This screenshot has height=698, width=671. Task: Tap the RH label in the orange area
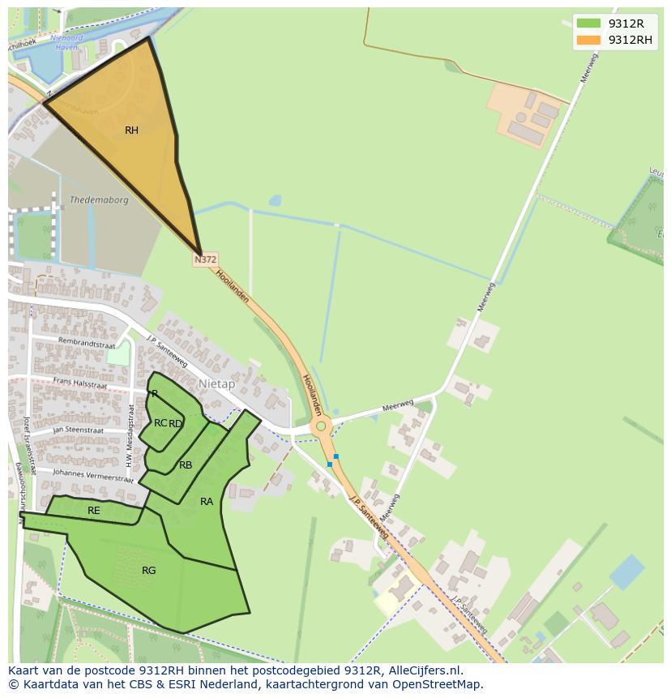tap(131, 131)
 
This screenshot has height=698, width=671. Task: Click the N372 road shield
tap(205, 259)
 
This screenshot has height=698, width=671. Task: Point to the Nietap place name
tap(216, 383)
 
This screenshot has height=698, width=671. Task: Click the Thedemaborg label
tap(99, 200)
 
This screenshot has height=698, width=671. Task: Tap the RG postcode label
tap(148, 571)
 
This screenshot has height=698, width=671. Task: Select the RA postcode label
tap(207, 502)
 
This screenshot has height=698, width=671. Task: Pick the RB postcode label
tap(186, 465)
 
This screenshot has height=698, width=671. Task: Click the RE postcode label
tap(94, 511)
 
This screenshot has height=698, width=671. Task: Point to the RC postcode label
tap(160, 423)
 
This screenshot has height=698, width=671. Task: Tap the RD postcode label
tap(176, 424)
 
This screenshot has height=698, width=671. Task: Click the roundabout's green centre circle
tap(321, 426)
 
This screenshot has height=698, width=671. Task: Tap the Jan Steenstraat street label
tap(79, 430)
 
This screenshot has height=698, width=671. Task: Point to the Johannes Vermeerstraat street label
tap(92, 474)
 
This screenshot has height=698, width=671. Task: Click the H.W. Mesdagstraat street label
tap(129, 435)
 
